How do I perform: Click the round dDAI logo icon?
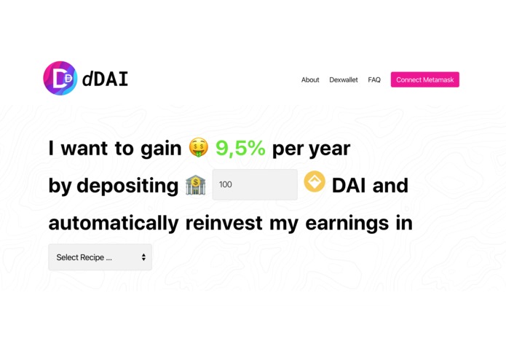60,78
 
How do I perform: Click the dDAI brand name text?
106,79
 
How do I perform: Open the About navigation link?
310,80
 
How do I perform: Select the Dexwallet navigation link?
344,80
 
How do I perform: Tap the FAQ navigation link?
374,80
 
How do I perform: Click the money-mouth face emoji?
198,148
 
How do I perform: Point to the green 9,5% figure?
240,149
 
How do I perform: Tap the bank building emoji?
195,185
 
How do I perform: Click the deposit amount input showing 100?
255,185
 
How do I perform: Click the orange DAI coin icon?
315,181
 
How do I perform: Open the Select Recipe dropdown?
95,257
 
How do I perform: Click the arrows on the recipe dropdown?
143,257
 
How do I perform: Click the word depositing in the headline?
127,187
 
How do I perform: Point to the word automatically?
114,223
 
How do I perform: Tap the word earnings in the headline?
339,223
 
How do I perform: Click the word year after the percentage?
329,149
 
